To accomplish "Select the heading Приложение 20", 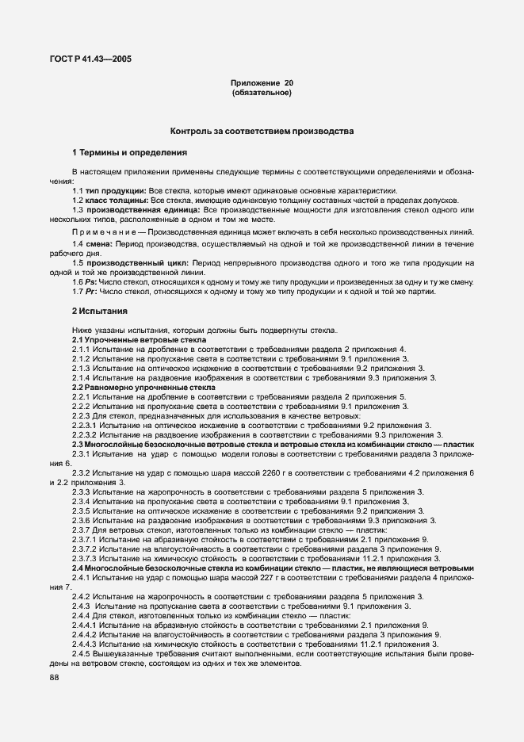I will pyautogui.click(x=262, y=83).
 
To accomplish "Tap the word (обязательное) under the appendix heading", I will pyautogui.click(x=262, y=94).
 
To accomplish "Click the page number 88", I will pyautogui.click(x=54, y=677).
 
